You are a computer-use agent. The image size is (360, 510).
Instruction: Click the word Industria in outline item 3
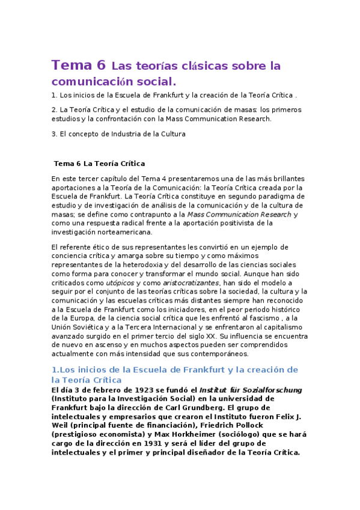coord(133,134)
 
